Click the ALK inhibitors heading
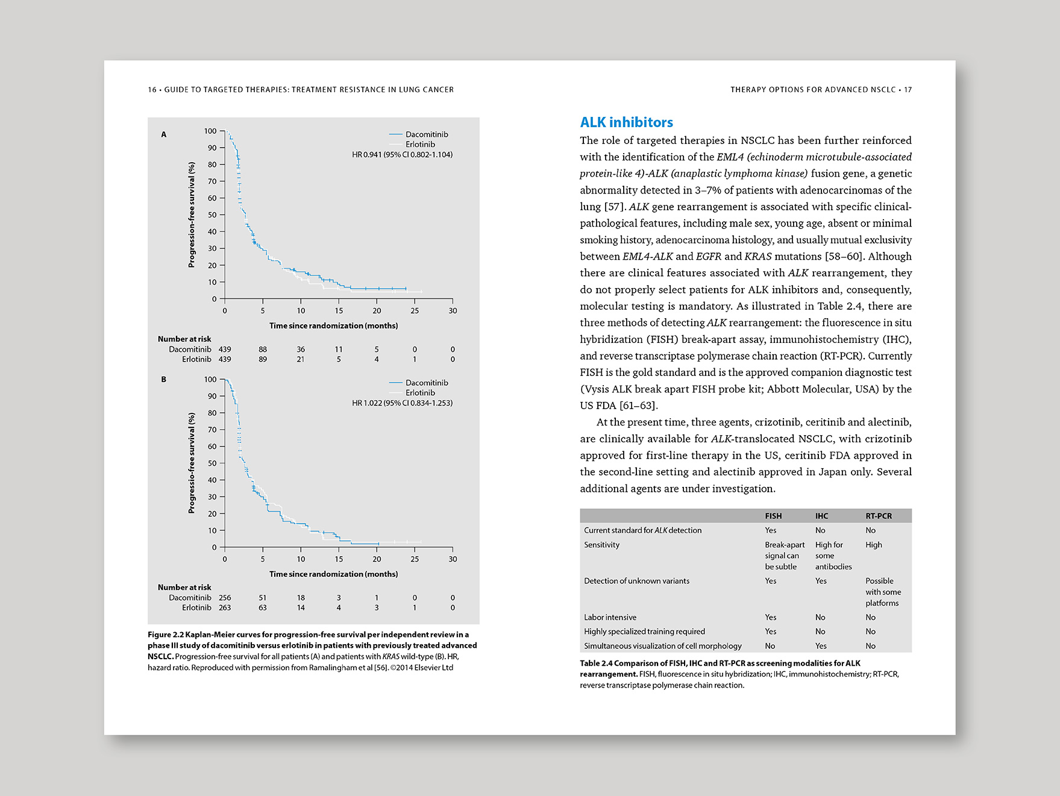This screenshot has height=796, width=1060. pos(626,122)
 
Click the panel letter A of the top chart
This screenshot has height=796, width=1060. pos(163,134)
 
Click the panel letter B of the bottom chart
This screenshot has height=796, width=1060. pos(163,379)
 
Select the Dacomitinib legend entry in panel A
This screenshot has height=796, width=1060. pos(426,134)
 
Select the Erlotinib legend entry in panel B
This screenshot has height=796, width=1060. pos(419,393)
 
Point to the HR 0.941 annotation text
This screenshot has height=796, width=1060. pos(402,155)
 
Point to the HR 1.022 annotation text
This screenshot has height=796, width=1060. pos(402,403)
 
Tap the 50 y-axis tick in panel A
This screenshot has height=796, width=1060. pos(212,215)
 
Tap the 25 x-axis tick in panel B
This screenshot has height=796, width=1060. pos(415,559)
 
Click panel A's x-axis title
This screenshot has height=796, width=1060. pos(333,326)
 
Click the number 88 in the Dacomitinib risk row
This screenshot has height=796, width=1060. pos(263,349)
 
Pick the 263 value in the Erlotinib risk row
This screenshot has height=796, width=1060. pos(225,608)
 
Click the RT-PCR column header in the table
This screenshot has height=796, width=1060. pos(878,516)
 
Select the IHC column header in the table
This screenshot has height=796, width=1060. pos(821,516)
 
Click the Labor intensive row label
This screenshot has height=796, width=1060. pos(610,617)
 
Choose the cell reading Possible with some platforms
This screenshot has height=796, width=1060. pos(883,592)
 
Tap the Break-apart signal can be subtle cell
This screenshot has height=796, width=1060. pos(784,556)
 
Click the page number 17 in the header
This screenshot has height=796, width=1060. pos(908,90)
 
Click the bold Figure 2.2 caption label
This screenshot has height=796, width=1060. pos(166,635)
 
